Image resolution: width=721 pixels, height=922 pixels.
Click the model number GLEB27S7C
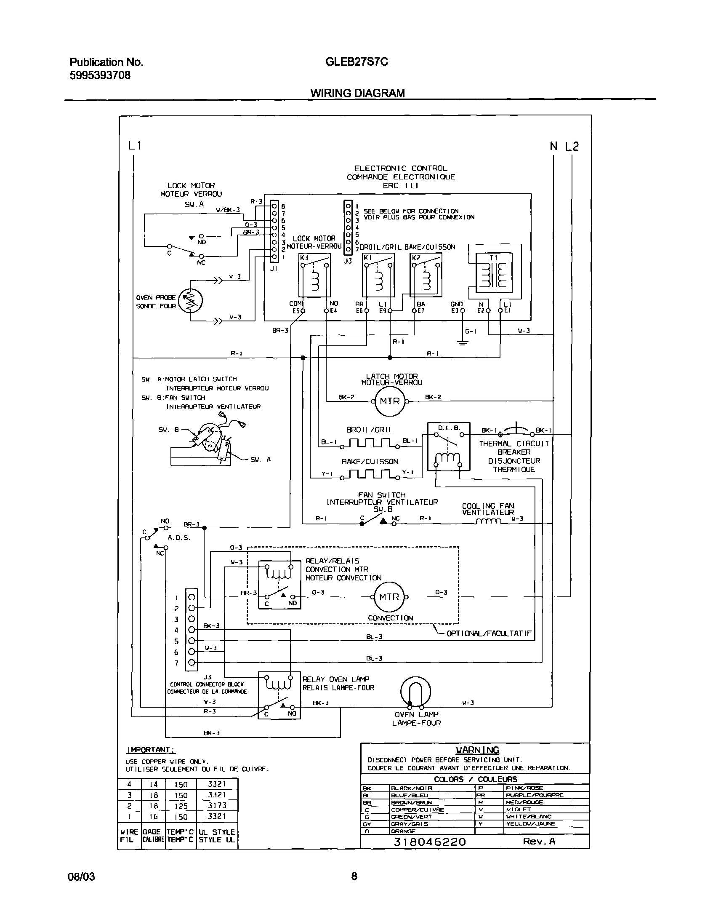pyautogui.click(x=356, y=62)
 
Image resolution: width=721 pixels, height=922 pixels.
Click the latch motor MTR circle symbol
pyautogui.click(x=389, y=401)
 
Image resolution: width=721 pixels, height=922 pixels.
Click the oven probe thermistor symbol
pyautogui.click(x=191, y=301)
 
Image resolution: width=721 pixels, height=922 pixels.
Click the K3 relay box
pyautogui.click(x=314, y=275)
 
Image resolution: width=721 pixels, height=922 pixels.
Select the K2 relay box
pyautogui.click(x=426, y=275)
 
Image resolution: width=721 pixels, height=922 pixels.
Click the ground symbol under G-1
pyautogui.click(x=463, y=342)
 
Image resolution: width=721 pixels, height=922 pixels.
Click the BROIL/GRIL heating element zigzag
pyautogui.click(x=370, y=444)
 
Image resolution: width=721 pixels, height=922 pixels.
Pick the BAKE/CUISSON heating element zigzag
pyautogui.click(x=370, y=476)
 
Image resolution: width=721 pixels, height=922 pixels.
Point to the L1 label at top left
pyautogui.click(x=134, y=146)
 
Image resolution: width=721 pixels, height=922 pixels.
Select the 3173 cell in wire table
pyautogui.click(x=217, y=805)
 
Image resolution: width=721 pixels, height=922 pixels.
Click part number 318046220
pyautogui.click(x=430, y=842)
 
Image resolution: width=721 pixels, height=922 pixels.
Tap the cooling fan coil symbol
pyautogui.click(x=488, y=522)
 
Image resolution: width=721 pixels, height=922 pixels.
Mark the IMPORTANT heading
pyautogui.click(x=150, y=750)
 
